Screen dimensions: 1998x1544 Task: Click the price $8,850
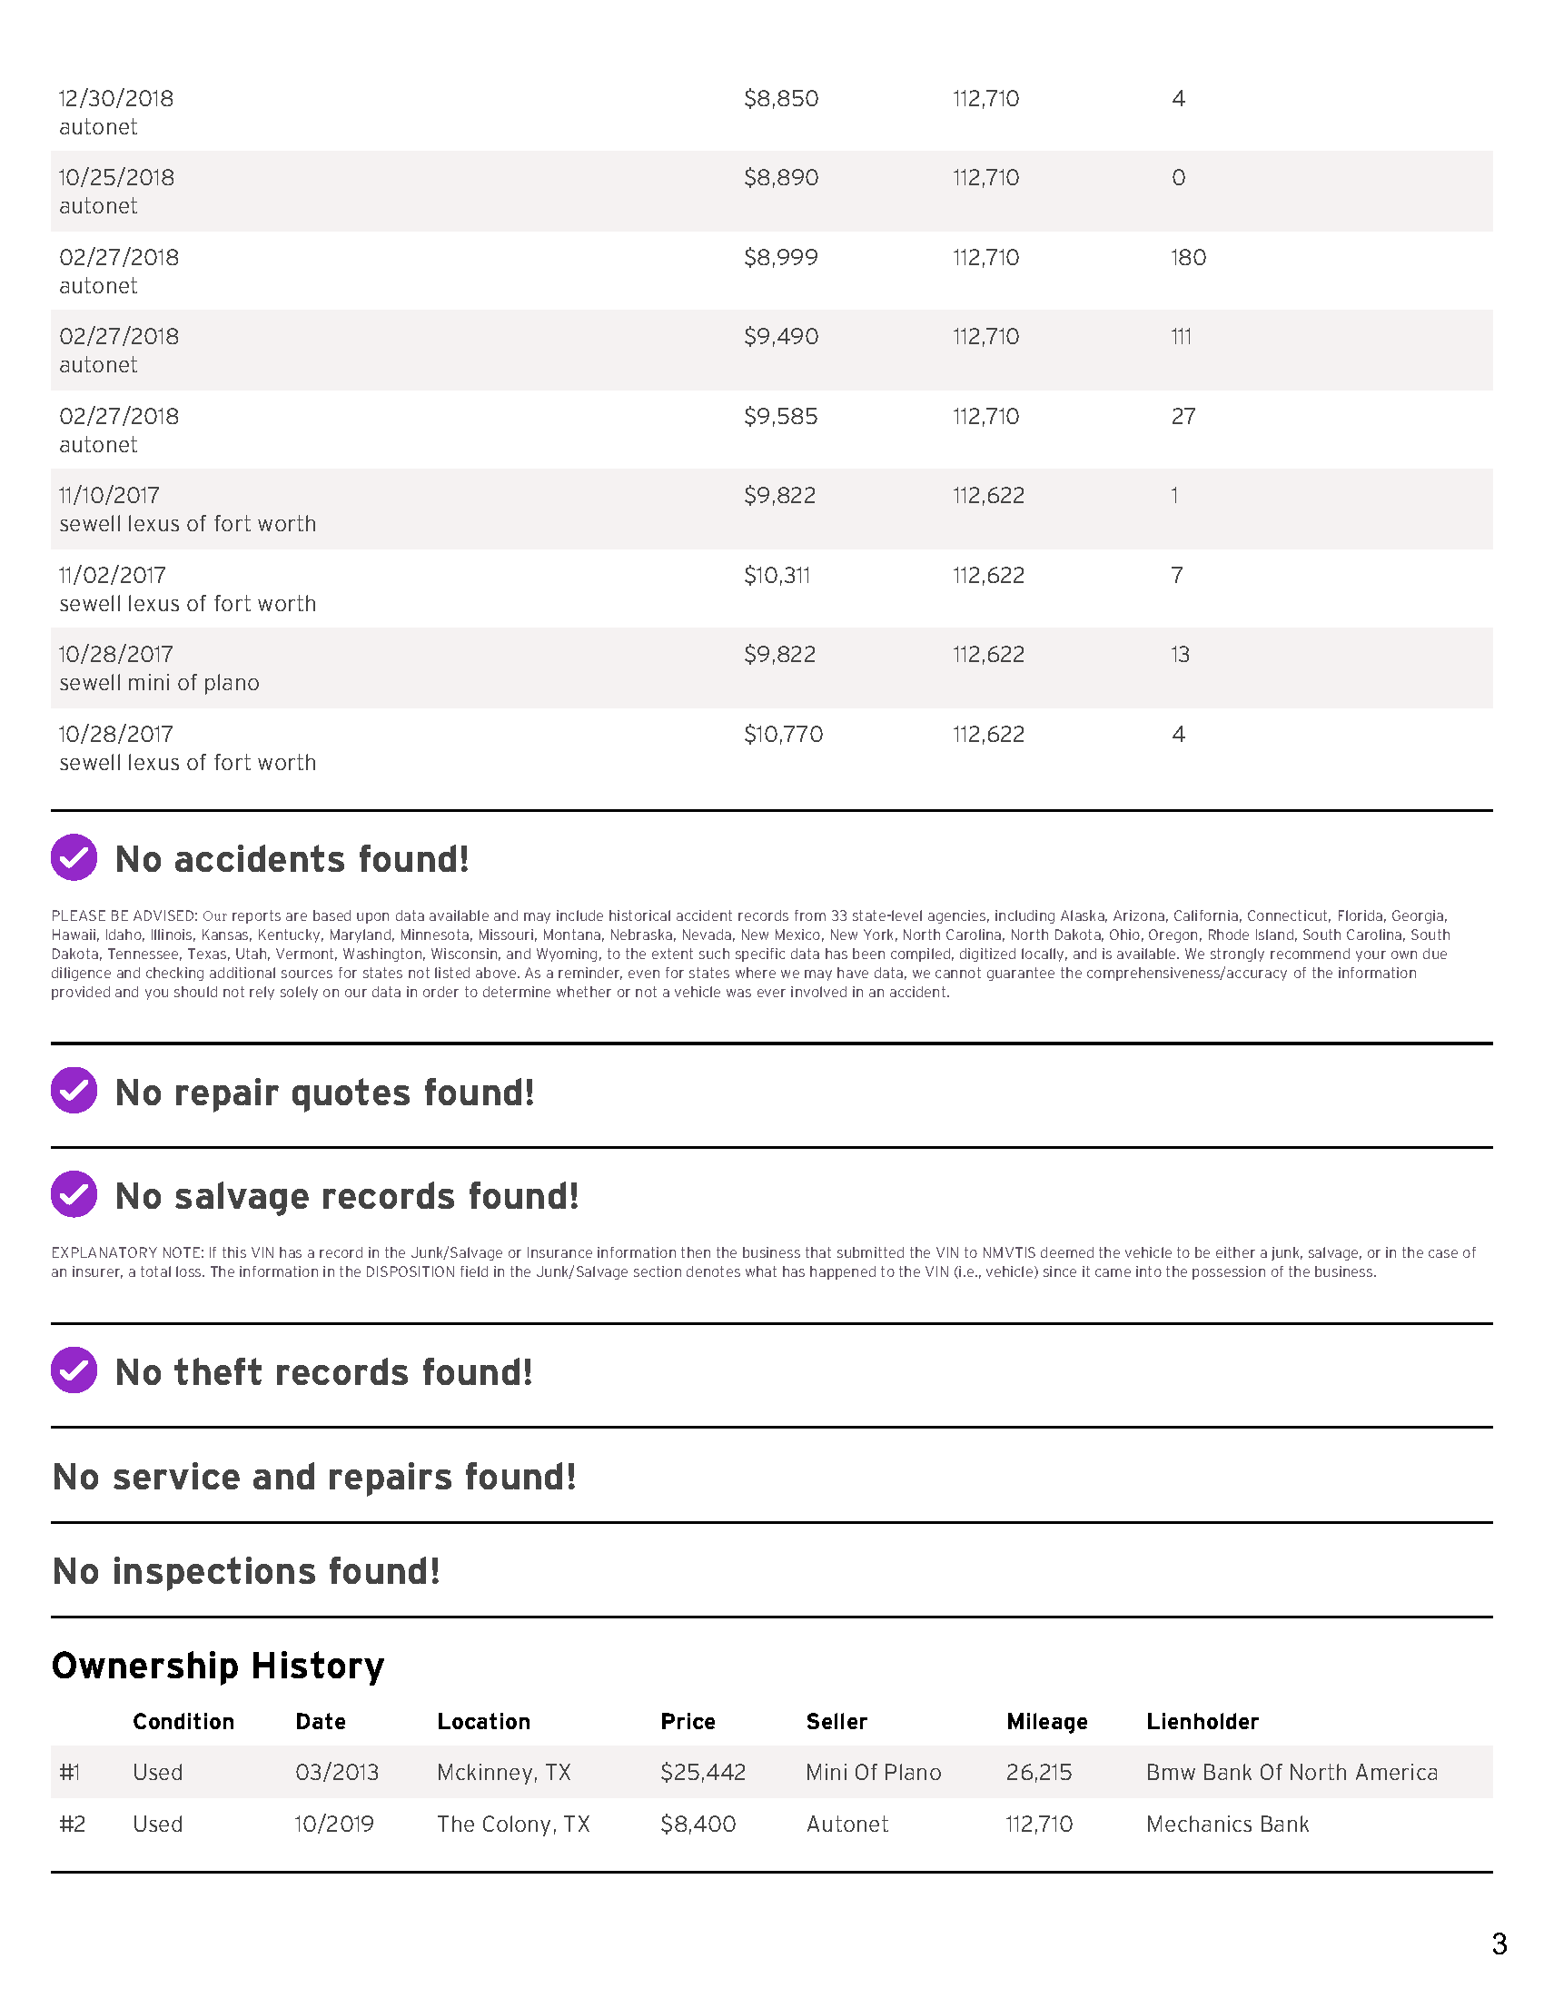click(x=780, y=99)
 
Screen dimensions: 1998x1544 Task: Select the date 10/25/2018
click(x=116, y=177)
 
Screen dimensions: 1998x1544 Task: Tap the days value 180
click(x=1187, y=258)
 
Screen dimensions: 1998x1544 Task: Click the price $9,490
click(x=780, y=337)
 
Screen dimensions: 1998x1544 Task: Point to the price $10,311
click(x=777, y=576)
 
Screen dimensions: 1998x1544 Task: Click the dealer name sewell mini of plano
click(x=159, y=683)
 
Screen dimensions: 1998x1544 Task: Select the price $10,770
click(x=783, y=735)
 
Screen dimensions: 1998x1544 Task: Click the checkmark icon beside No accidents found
click(x=74, y=858)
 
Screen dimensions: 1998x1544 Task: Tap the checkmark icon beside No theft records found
click(x=74, y=1370)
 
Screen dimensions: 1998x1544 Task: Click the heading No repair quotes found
click(x=324, y=1093)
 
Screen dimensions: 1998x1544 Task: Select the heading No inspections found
click(x=246, y=1572)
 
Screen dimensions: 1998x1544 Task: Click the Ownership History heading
click(x=218, y=1666)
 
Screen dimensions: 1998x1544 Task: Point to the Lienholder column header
click(x=1202, y=1722)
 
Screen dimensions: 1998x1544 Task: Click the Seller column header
click(x=836, y=1722)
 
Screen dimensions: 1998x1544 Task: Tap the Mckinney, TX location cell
click(x=504, y=1773)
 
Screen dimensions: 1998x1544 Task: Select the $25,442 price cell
click(x=702, y=1773)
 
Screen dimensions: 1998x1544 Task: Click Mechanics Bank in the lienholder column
click(x=1228, y=1825)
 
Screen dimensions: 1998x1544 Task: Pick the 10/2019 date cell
click(x=334, y=1825)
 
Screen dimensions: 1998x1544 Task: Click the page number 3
click(x=1499, y=1944)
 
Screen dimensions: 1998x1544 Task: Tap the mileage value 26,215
click(x=1039, y=1773)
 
